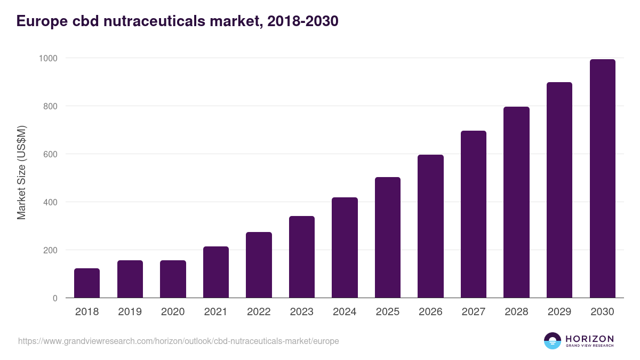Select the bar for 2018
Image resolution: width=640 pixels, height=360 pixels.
87,283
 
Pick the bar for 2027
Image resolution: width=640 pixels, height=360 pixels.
474,214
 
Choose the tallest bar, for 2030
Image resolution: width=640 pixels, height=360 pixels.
602,179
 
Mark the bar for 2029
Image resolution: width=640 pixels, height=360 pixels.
559,190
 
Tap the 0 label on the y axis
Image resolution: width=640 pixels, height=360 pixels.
55,298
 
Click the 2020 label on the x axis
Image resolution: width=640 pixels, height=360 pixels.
173,312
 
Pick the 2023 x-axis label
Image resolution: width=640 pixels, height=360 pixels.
302,312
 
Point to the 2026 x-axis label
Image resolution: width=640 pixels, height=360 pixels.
430,312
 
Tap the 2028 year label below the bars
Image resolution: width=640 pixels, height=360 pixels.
516,312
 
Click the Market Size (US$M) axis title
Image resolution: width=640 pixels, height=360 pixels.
21,172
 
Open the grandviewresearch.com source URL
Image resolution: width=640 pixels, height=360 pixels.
179,341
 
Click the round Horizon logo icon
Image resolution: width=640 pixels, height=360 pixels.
553,341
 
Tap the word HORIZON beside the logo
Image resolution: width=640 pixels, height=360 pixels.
589,338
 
